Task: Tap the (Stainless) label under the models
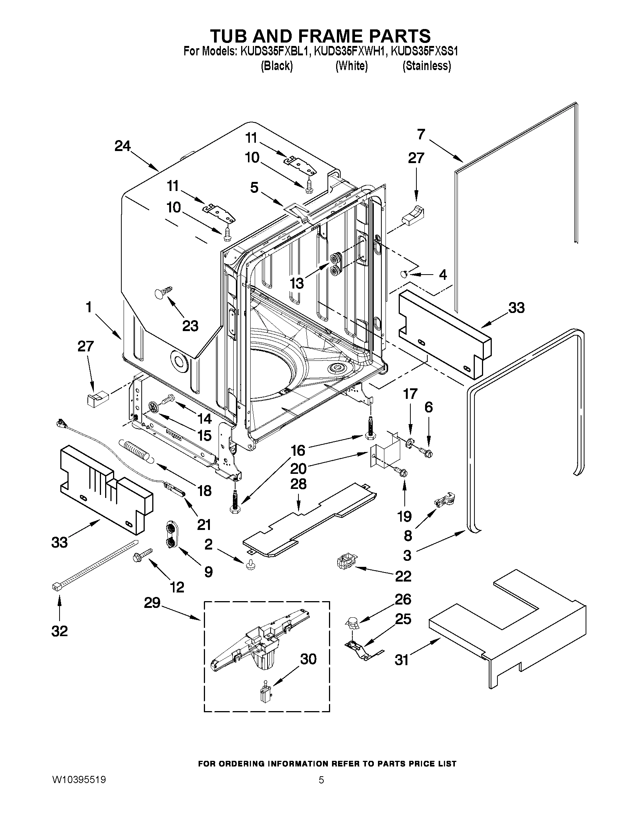pos(427,66)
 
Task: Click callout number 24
pos(122,146)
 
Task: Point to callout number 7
pos(421,134)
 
